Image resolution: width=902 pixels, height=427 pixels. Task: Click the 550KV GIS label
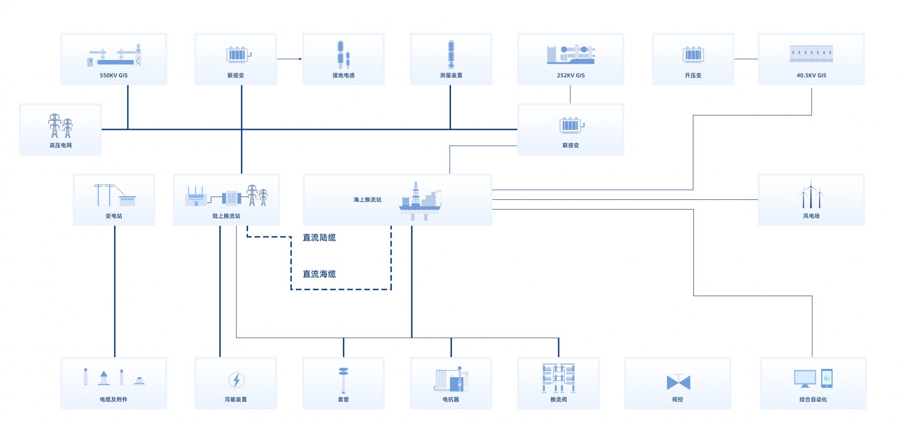point(114,75)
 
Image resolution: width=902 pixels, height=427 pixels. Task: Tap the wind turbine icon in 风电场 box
point(811,194)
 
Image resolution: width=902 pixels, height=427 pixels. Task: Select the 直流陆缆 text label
point(319,237)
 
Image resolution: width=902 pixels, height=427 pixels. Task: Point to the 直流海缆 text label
point(319,274)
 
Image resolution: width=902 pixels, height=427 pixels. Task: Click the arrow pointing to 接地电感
point(289,59)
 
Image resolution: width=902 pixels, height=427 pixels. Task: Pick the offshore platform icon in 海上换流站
point(420,201)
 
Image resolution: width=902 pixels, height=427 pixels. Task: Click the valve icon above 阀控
point(678,382)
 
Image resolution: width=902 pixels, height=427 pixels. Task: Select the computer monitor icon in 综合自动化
point(805,379)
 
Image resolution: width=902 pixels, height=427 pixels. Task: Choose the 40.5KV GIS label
point(811,75)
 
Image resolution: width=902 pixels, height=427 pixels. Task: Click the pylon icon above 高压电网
point(61,126)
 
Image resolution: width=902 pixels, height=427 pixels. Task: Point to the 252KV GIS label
point(571,75)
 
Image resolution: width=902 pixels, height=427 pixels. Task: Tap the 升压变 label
point(693,75)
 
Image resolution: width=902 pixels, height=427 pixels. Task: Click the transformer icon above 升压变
point(693,55)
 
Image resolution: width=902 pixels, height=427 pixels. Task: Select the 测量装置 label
point(451,75)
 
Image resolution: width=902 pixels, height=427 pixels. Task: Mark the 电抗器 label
point(451,399)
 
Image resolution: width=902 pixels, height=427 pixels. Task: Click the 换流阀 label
point(559,399)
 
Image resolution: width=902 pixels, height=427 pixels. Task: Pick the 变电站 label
point(114,216)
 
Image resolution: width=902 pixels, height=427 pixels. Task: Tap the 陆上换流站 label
point(226,216)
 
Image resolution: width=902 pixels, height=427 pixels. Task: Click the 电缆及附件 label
point(114,399)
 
